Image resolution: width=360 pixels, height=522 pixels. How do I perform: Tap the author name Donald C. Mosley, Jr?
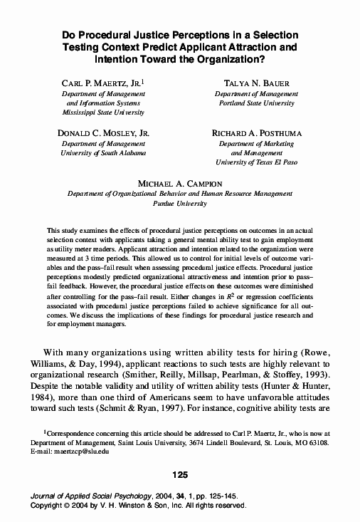(x=103, y=133)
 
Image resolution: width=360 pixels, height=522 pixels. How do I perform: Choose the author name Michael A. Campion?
(x=179, y=184)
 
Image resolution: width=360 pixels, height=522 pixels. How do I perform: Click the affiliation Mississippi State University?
(x=103, y=113)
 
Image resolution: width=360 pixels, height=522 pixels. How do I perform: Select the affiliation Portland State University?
(x=254, y=103)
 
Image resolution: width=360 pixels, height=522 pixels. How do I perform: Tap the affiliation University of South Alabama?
(x=103, y=153)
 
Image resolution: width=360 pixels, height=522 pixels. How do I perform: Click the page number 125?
(x=180, y=474)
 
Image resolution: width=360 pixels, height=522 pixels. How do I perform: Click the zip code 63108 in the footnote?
(x=317, y=442)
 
